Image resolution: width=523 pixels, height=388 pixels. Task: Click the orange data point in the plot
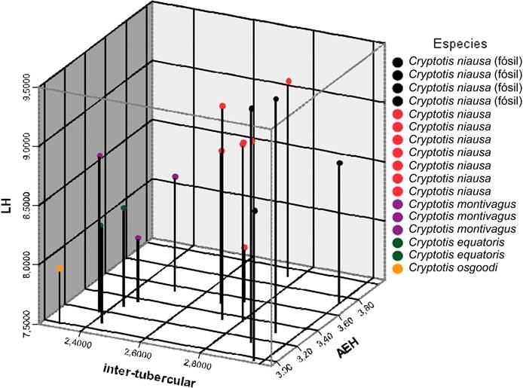point(60,268)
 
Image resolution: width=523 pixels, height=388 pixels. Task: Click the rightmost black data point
point(340,163)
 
